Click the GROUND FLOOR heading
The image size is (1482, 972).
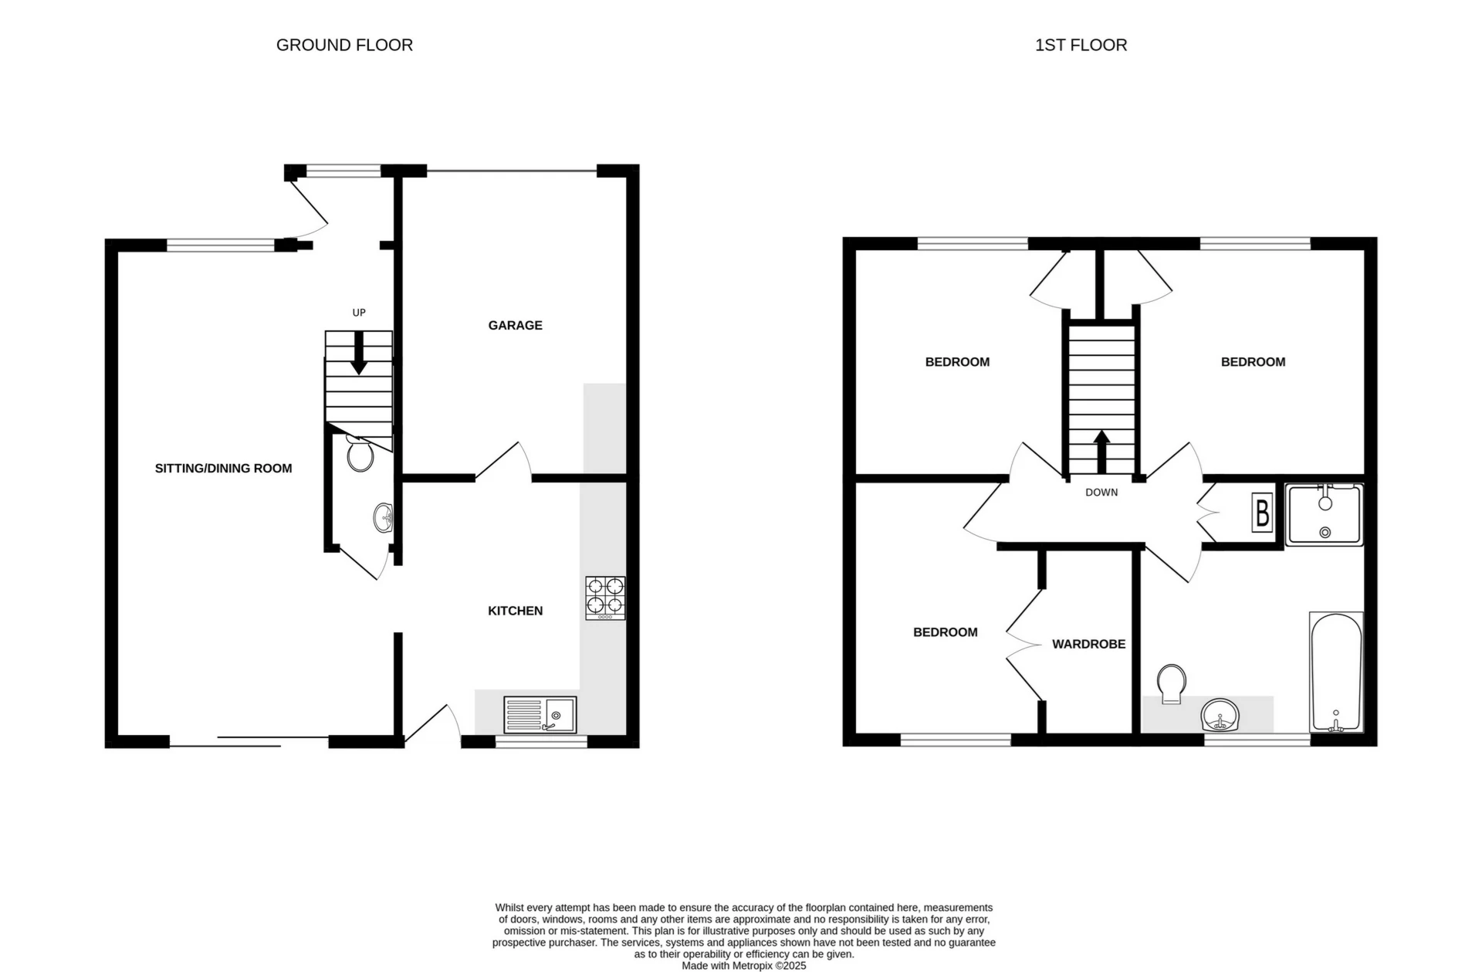click(x=344, y=46)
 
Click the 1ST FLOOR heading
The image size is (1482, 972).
click(x=1081, y=46)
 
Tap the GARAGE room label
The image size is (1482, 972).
click(x=515, y=325)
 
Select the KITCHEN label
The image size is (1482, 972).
click(x=515, y=611)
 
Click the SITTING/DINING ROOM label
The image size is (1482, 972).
click(x=223, y=468)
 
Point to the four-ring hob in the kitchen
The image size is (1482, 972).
click(x=605, y=597)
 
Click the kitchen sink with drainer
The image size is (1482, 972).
click(x=540, y=715)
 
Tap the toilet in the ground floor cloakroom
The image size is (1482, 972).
click(x=360, y=454)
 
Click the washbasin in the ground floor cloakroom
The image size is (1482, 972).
click(x=384, y=517)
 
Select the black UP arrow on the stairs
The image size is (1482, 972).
click(x=359, y=355)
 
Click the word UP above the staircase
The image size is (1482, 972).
click(x=359, y=313)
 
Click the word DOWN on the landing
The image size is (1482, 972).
click(x=1101, y=492)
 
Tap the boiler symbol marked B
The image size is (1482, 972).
click(x=1262, y=513)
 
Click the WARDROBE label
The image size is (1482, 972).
click(x=1088, y=644)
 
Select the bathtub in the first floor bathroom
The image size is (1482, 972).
click(x=1336, y=672)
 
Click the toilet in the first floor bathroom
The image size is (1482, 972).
click(x=1172, y=683)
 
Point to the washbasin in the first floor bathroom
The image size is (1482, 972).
click(x=1220, y=715)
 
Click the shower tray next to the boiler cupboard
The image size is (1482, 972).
click(x=1325, y=514)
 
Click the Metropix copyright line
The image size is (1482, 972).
click(x=743, y=965)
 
